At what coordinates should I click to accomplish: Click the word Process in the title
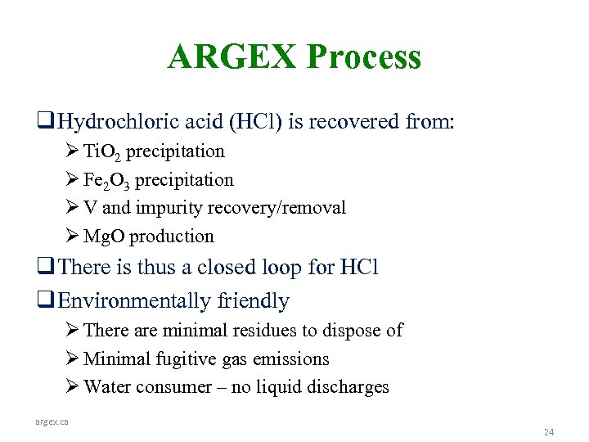pos(364,57)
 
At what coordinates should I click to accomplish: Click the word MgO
pos(104,237)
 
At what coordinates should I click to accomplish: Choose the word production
pos(172,237)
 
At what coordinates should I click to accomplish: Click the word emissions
pos(293,359)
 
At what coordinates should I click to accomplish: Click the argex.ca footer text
pos(52,422)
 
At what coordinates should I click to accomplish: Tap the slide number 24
pos(549,431)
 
